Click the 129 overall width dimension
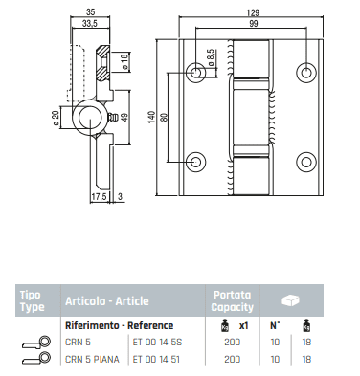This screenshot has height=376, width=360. pos(253,12)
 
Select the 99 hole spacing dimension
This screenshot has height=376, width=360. pos(253,23)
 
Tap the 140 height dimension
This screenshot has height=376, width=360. pos(151,117)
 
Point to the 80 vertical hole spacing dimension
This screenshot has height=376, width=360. pos(164,117)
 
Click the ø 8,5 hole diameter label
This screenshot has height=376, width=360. pos(211,57)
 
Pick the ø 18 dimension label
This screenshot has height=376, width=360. pos(124,60)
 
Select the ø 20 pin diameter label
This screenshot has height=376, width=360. pos(56,119)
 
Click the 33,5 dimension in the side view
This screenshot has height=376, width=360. pos(90,23)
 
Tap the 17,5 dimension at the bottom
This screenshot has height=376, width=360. pos(99,197)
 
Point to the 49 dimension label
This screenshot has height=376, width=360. pos(124,117)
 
